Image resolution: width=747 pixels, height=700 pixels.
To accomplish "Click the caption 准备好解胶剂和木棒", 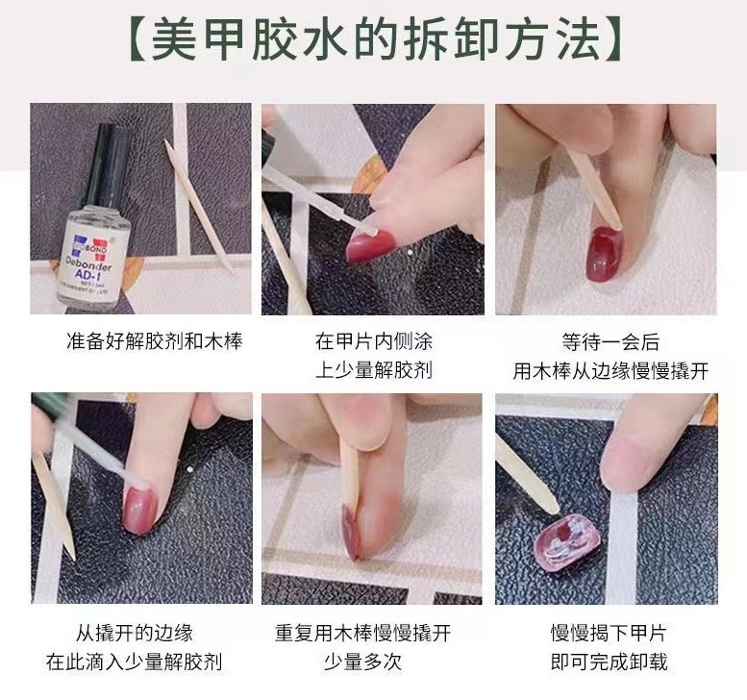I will point(141,341).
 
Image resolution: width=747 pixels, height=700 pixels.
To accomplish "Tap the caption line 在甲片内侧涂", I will point(373,341).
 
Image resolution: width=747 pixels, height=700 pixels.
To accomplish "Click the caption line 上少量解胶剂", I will point(373,370).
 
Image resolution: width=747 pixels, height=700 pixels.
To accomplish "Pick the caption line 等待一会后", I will point(608,341).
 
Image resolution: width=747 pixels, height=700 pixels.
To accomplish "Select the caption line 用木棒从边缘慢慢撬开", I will point(608,370).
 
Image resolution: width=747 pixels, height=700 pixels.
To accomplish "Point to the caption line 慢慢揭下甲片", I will point(608,633).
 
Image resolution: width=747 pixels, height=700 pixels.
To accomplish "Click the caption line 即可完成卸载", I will point(608,662).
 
